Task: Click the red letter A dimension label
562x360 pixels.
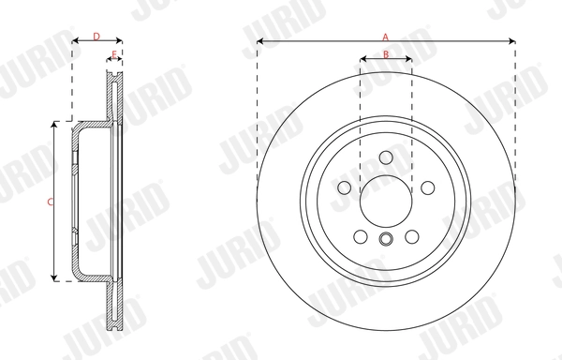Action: pyautogui.click(x=385, y=36)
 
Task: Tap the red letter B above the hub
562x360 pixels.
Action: pyautogui.click(x=386, y=54)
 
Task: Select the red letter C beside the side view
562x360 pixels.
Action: pyautogui.click(x=50, y=202)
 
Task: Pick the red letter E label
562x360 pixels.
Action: pyautogui.click(x=114, y=54)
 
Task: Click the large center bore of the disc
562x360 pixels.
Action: pyautogui.click(x=386, y=199)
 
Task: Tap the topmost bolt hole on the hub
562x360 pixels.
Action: pyautogui.click(x=386, y=157)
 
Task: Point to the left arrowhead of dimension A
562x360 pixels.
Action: pyautogui.click(x=260, y=41)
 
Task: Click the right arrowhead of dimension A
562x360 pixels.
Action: pyautogui.click(x=511, y=41)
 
